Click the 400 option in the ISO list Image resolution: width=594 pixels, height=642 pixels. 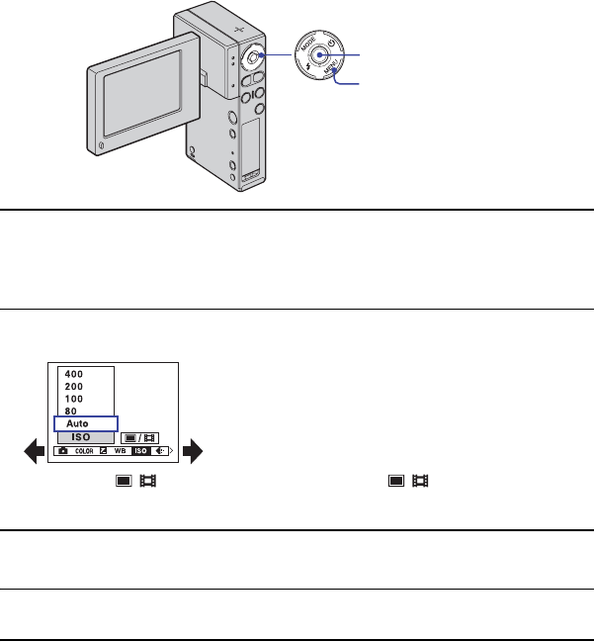coord(74,373)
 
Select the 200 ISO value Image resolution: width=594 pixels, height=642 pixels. coord(74,386)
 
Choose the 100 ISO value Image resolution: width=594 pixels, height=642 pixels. coord(74,398)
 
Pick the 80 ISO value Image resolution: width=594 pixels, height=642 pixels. coord(70,411)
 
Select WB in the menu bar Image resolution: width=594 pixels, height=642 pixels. coord(120,451)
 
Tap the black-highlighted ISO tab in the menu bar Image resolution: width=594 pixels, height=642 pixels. coord(140,451)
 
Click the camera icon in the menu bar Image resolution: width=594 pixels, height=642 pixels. coord(64,451)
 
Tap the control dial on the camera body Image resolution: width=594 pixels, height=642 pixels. coord(252,58)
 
